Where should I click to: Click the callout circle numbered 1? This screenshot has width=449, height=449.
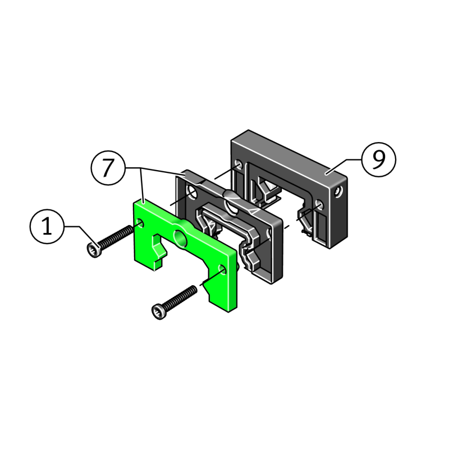(47, 227)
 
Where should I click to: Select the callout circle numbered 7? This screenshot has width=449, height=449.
(108, 168)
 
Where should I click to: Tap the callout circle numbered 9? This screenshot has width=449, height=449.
(379, 159)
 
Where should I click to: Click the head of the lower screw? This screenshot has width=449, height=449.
(159, 311)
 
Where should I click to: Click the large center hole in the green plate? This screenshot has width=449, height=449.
(180, 238)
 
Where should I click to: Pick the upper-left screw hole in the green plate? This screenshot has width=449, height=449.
(140, 223)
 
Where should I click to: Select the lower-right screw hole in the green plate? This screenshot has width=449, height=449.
(222, 270)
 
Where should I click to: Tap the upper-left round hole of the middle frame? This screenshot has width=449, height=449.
(192, 193)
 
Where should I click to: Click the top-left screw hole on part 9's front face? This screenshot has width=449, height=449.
(239, 165)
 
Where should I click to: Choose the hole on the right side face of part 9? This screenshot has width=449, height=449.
(339, 191)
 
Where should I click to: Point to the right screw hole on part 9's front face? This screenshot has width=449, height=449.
(319, 205)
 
